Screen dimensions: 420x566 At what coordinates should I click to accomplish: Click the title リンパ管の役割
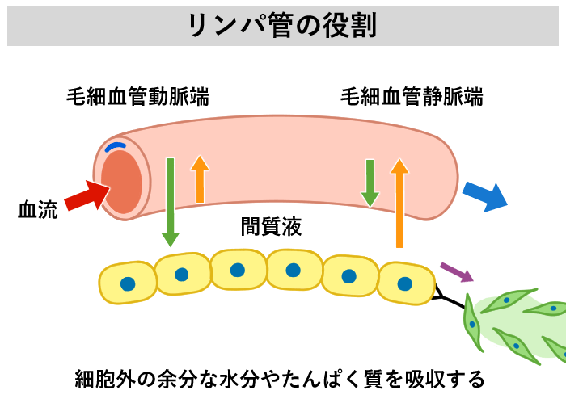pyautogui.click(x=282, y=26)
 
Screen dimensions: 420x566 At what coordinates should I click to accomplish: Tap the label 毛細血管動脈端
pyautogui.click(x=137, y=98)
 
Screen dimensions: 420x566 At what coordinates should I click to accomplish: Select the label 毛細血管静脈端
pyautogui.click(x=412, y=98)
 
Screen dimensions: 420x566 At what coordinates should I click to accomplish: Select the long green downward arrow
pyautogui.click(x=170, y=202)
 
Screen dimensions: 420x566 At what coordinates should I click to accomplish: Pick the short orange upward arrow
pyautogui.click(x=200, y=178)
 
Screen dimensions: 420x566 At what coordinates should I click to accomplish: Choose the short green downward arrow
pyautogui.click(x=370, y=182)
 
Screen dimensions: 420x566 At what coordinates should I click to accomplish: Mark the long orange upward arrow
pyautogui.click(x=399, y=203)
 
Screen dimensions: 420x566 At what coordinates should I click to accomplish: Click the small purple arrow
pyautogui.click(x=456, y=271)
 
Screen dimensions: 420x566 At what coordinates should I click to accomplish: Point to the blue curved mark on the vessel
pyautogui.click(x=116, y=147)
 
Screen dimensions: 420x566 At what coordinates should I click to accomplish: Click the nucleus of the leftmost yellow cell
pyautogui.click(x=127, y=283)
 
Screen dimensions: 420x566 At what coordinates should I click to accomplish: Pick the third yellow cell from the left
pyautogui.click(x=238, y=270)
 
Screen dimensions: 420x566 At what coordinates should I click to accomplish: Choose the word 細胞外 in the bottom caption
pyautogui.click(x=103, y=379)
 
